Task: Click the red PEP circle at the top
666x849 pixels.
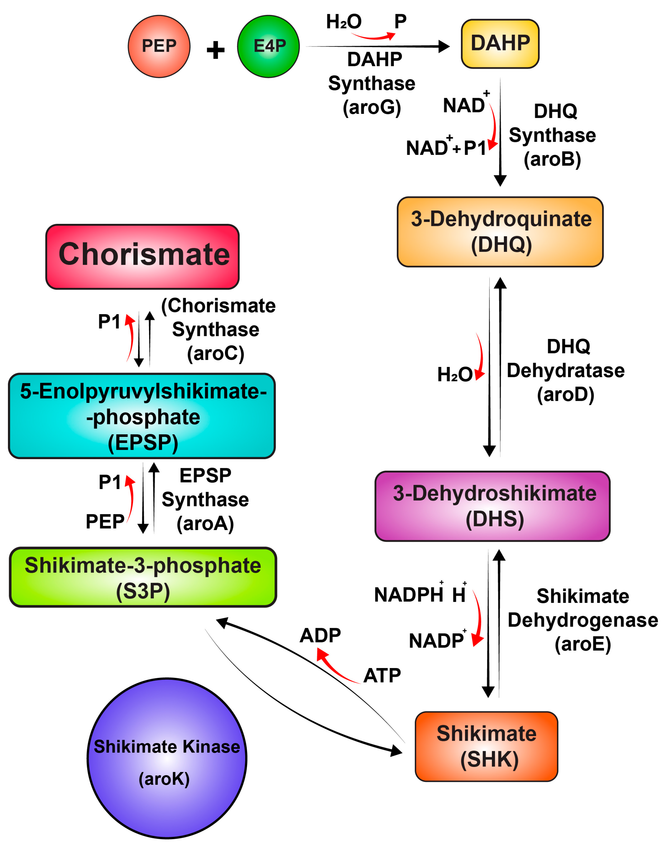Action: [x=159, y=46]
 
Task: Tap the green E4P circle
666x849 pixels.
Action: [x=268, y=46]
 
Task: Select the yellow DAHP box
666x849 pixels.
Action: [x=500, y=44]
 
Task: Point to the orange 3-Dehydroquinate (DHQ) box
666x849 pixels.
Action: [x=500, y=232]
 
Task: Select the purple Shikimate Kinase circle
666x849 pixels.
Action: [x=167, y=758]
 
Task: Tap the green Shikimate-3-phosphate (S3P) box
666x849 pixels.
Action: [x=143, y=577]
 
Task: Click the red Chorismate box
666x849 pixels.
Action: [x=143, y=256]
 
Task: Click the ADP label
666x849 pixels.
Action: [x=320, y=636]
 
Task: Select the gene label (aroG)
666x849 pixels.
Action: [x=372, y=107]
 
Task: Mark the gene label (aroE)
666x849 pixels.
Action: [x=583, y=644]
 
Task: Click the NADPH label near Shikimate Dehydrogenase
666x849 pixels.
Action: [x=408, y=595]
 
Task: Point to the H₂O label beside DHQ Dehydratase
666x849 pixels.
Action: [x=454, y=375]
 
